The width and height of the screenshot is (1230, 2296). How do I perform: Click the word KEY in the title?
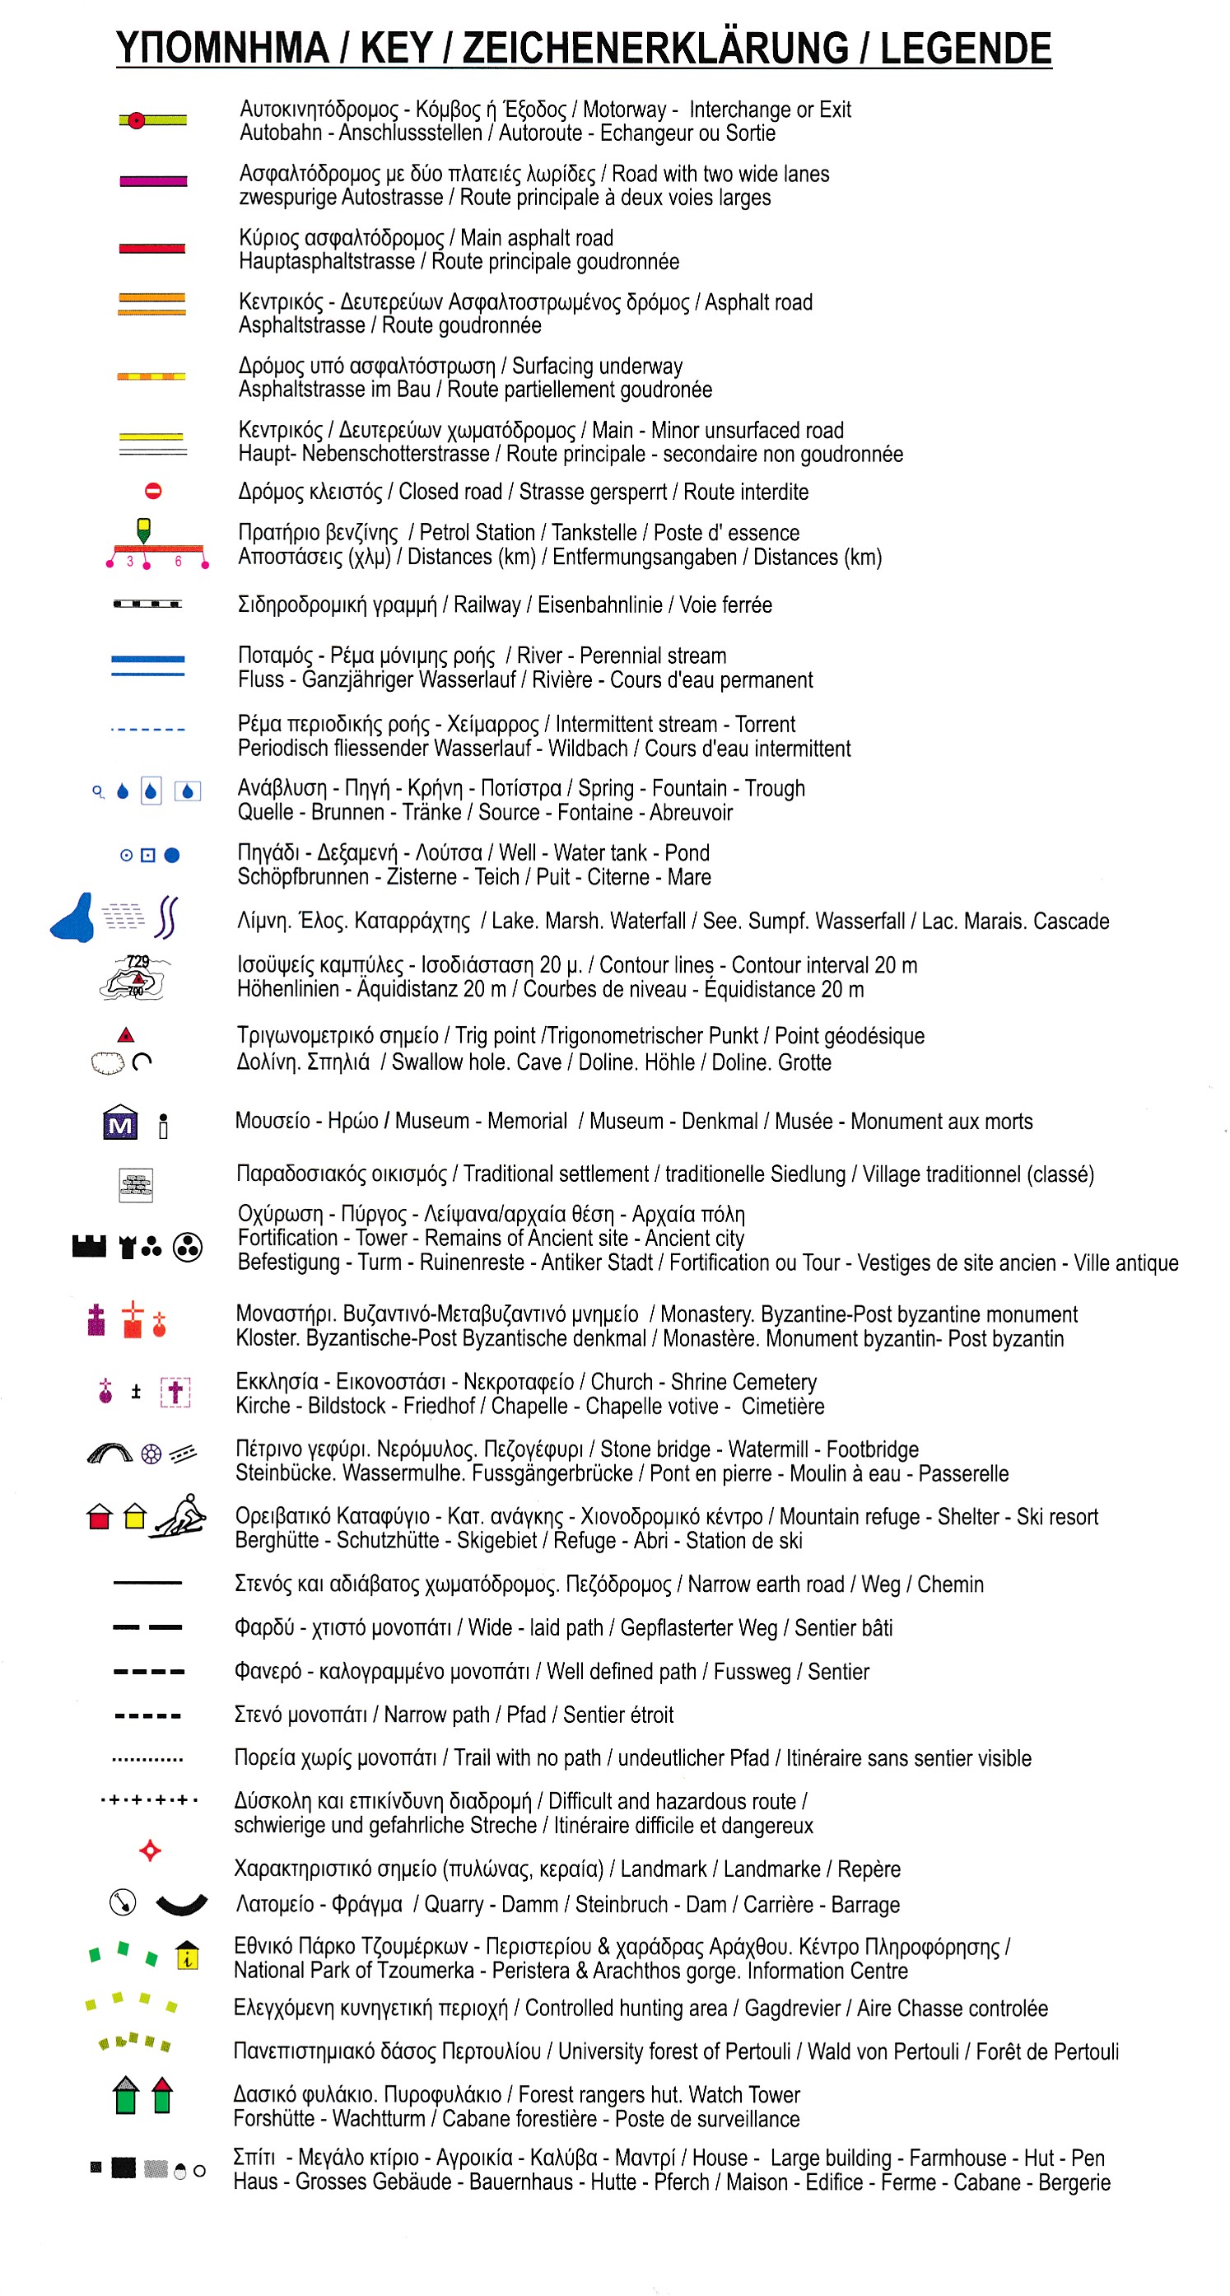coord(399,48)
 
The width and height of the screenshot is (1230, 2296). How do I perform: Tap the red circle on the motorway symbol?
coord(136,120)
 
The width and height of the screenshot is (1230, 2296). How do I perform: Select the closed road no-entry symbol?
coord(153,491)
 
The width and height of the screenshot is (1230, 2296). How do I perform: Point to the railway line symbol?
coord(147,604)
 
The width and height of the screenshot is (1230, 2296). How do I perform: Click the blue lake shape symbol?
coord(73,919)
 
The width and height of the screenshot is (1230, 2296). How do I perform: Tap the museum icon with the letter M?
coord(120,1124)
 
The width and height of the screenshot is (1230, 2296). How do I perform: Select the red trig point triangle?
coord(126,1035)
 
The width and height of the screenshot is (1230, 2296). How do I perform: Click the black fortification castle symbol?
coord(89,1246)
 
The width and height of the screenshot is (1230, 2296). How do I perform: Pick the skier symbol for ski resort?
coord(182,1516)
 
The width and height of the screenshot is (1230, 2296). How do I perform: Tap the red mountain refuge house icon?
coord(100,1517)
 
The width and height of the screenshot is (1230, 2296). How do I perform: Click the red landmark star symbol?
coord(150,1851)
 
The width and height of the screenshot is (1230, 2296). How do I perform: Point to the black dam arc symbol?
coord(181,1906)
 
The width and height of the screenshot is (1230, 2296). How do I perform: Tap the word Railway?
coord(487,604)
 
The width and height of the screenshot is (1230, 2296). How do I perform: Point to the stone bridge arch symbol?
coord(109,1454)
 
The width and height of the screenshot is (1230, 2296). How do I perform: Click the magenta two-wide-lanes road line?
coord(152,182)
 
